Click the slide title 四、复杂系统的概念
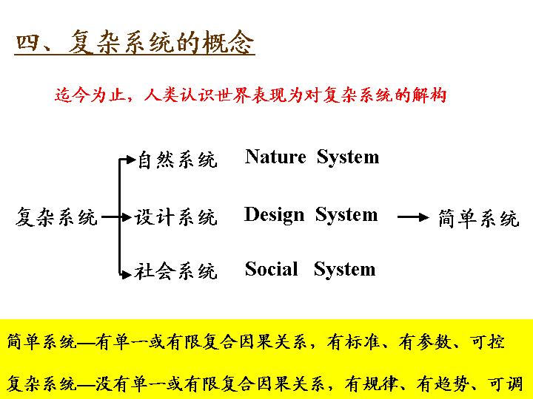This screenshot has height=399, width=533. [135, 42]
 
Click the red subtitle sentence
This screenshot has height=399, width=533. [251, 95]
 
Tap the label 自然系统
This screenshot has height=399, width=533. [178, 160]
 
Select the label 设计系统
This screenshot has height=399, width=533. [175, 217]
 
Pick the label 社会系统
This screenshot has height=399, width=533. [175, 271]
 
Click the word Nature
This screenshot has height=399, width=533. [275, 157]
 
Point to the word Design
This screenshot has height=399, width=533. [274, 215]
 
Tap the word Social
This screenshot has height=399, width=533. [271, 269]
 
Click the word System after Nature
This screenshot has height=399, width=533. [348, 158]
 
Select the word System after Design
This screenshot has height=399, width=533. [346, 216]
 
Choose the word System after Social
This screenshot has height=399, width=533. [345, 270]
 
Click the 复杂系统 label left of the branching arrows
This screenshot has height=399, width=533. [57, 216]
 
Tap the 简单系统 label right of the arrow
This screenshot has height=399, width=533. [479, 218]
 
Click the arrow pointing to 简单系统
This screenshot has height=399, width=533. [413, 216]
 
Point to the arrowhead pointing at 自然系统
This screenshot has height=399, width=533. [131, 160]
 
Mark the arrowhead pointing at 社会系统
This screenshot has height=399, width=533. [127, 274]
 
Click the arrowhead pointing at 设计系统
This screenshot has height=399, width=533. [127, 216]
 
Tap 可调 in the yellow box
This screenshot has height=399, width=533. [506, 384]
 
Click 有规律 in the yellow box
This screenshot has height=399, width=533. [371, 384]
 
